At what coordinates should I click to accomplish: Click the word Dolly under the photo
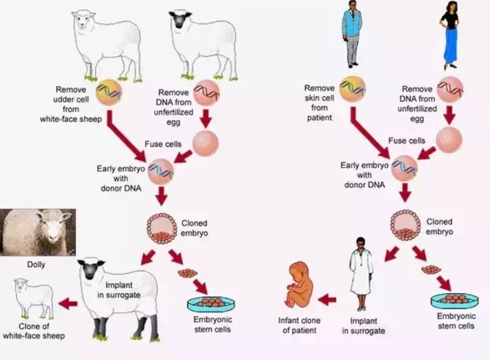tap(36, 264)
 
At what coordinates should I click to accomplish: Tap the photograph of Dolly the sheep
tap(37, 232)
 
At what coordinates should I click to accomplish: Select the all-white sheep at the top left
tap(107, 37)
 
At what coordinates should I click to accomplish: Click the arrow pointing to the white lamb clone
tap(67, 305)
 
